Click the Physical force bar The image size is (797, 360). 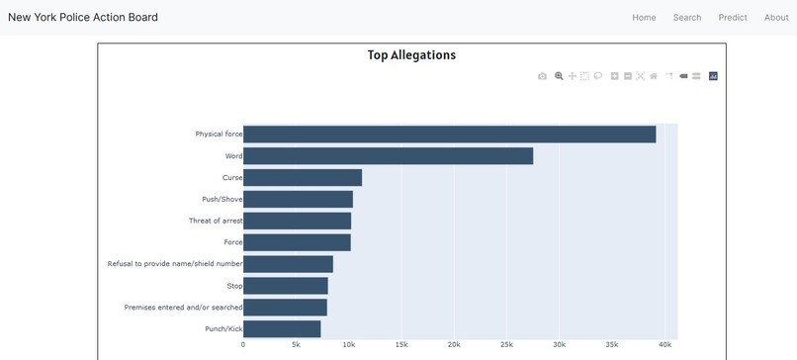click(x=449, y=135)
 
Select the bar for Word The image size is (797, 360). click(x=388, y=156)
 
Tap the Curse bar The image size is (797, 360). click(x=303, y=178)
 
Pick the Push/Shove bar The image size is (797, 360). click(x=298, y=200)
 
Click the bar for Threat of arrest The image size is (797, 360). click(x=297, y=221)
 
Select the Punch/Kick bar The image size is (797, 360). click(x=282, y=328)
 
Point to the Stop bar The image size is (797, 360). click(x=285, y=286)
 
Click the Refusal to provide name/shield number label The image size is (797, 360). click(x=174, y=264)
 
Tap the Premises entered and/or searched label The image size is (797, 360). click(x=183, y=308)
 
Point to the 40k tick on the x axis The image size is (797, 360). click(x=664, y=345)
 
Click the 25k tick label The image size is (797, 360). click(x=506, y=345)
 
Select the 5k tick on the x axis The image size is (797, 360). click(x=296, y=345)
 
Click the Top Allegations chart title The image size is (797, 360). click(x=411, y=55)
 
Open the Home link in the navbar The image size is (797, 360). click(x=644, y=18)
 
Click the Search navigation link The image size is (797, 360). click(x=687, y=18)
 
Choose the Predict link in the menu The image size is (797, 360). click(x=733, y=18)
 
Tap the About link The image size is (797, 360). click(x=776, y=18)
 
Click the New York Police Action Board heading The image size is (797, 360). click(x=83, y=18)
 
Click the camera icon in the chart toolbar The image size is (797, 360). click(x=542, y=76)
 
